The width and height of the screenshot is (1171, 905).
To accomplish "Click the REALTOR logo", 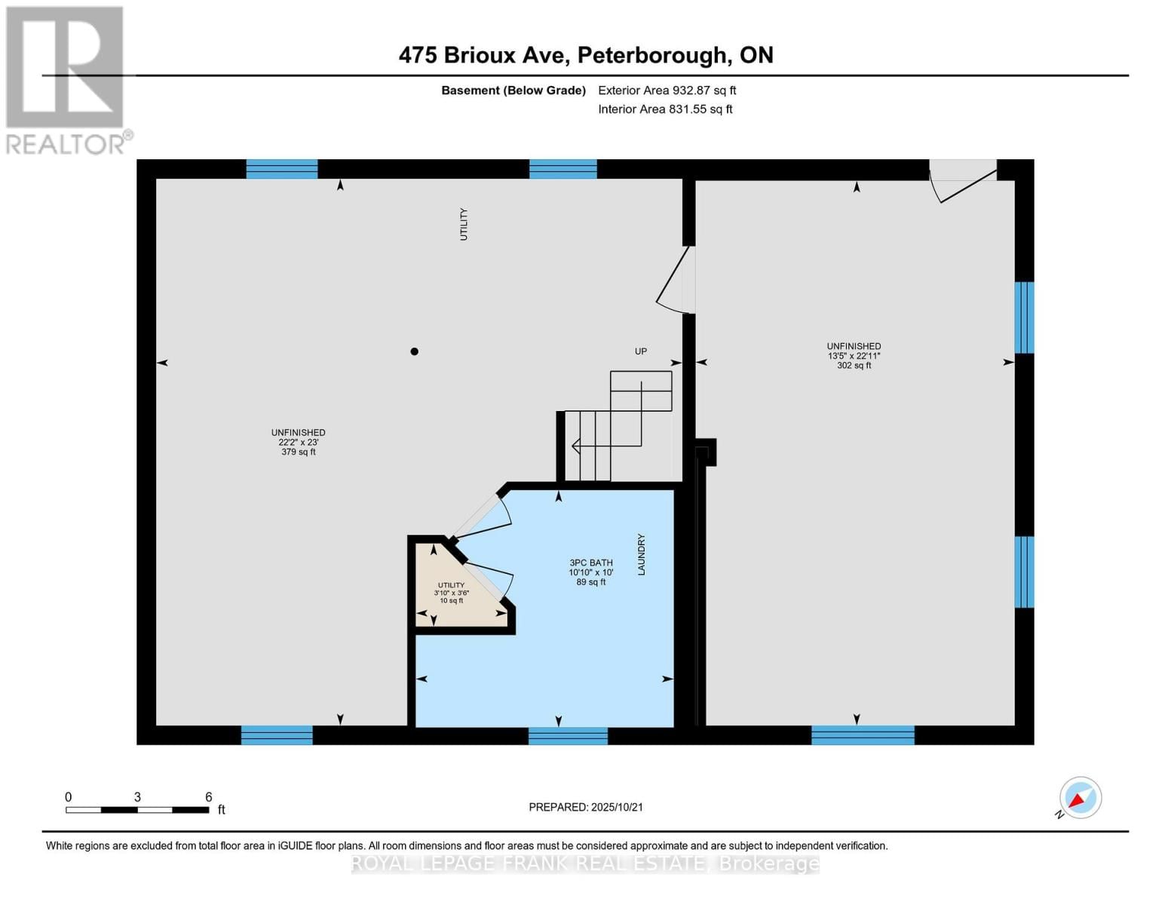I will click(66, 79).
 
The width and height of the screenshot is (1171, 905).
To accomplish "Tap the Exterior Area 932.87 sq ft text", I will click(667, 90).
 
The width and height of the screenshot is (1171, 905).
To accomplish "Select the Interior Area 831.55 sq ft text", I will click(665, 109).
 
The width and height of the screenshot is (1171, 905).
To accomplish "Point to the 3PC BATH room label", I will click(590, 563).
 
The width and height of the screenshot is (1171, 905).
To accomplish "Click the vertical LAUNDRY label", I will click(642, 555).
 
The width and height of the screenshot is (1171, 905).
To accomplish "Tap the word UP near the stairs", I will click(640, 351).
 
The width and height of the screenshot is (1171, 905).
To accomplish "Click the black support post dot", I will click(414, 351).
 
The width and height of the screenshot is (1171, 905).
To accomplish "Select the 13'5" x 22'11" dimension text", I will click(854, 356).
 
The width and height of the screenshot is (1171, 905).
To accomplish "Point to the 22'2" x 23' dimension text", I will click(299, 443).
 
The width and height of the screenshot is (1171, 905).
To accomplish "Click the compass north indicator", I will click(1080, 798).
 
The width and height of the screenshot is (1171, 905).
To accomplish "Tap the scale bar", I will click(137, 810).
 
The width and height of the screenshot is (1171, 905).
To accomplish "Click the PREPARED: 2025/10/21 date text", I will click(585, 807).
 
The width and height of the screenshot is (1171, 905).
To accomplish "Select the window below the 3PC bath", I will click(568, 735).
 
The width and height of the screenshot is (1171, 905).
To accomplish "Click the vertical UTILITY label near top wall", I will click(464, 224).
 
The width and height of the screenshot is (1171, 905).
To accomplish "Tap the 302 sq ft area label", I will click(854, 366).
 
